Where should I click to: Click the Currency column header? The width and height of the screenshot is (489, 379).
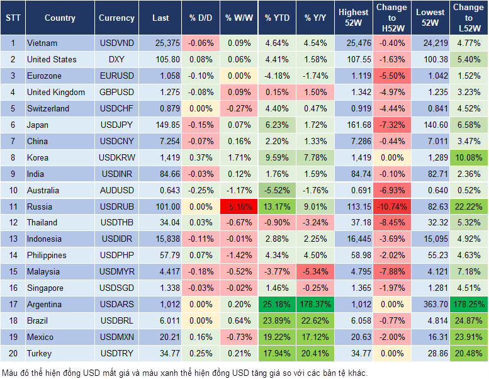coord(116,18)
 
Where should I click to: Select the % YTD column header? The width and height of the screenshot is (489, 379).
coord(277,18)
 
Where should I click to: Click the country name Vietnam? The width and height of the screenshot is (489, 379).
coord(42,43)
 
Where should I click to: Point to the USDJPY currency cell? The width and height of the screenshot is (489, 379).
coord(116,125)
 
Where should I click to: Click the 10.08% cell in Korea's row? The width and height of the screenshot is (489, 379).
coord(469,158)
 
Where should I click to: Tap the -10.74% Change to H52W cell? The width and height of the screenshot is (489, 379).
coord(392,206)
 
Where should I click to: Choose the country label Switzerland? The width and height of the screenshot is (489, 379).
coord(48,109)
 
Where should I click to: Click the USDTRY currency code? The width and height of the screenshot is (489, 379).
coord(116,354)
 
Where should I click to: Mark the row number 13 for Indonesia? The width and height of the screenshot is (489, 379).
coord(13,239)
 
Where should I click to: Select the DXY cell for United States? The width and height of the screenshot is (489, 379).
coord(116,60)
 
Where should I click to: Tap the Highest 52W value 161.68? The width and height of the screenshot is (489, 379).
coord(354,125)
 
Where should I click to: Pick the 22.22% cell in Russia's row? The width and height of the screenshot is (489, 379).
coord(469,206)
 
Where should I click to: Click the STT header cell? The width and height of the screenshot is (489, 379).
coord(13,18)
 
